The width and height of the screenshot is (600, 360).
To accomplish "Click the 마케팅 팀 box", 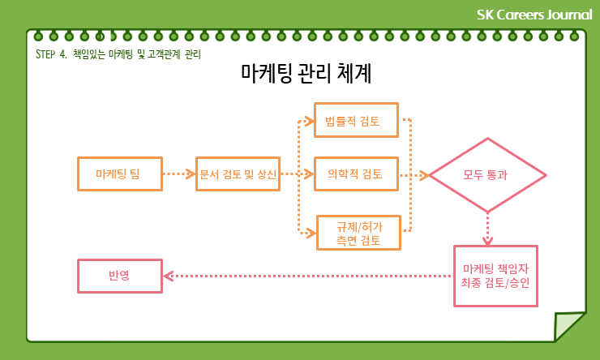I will [119, 174].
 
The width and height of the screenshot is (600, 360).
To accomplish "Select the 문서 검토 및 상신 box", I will [238, 174].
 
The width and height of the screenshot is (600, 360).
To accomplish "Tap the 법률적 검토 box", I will [357, 121].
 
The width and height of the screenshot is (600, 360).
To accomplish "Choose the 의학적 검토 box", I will [357, 174].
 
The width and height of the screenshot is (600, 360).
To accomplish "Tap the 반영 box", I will [119, 276].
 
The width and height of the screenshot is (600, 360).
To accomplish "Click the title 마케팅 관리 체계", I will [306, 75].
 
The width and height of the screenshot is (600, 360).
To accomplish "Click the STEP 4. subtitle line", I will [118, 54].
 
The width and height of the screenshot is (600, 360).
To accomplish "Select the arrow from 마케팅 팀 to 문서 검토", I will [178, 174].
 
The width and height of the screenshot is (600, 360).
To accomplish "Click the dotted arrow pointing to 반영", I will [308, 276].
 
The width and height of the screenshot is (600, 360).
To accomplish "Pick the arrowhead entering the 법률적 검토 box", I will [311, 121].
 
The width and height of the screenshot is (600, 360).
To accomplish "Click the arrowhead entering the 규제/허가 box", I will [311, 233].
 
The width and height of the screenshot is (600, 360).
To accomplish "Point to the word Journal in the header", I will [570, 14].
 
